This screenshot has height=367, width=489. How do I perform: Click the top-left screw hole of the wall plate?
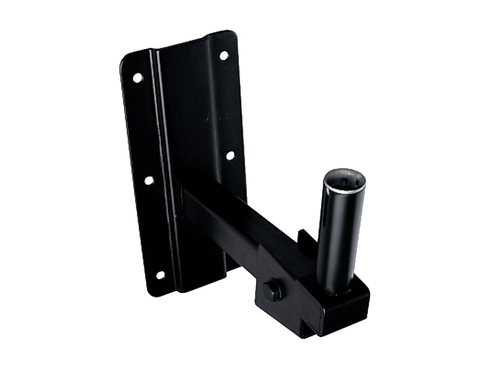tap(138, 78)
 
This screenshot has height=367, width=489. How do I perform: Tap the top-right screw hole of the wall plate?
tap(224, 56)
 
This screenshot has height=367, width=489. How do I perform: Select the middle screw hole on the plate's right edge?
tap(230, 155)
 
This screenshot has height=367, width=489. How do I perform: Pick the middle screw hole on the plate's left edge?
tap(149, 180)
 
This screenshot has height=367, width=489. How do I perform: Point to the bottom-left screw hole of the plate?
tap(160, 275)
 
